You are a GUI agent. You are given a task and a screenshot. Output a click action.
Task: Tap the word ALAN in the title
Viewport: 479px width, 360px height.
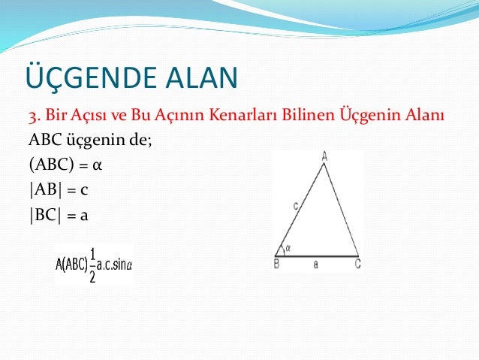[x=197, y=78]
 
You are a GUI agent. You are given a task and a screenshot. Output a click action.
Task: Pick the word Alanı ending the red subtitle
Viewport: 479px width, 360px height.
[x=427, y=117]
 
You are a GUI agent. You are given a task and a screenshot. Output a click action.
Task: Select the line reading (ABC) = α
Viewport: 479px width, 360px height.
[x=65, y=165]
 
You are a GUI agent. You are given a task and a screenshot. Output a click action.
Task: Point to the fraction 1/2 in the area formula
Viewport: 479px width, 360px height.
[x=92, y=265]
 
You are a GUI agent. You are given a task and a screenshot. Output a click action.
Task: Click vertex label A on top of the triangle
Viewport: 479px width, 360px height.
[x=324, y=156]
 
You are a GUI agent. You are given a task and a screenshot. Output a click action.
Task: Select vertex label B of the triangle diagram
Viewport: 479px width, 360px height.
[x=276, y=264]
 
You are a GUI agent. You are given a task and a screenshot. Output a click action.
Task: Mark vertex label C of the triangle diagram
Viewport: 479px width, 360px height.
[x=357, y=264]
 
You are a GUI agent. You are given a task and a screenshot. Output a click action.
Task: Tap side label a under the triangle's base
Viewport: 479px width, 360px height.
[x=316, y=264]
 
